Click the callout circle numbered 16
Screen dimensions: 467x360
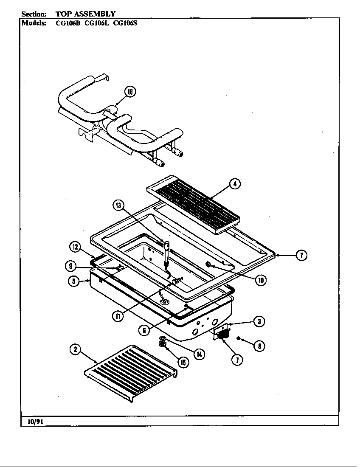[x=129, y=92]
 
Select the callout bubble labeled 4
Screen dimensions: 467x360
[x=234, y=184]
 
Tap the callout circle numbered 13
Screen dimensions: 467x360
[x=118, y=205]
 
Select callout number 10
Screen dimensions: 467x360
[x=260, y=280]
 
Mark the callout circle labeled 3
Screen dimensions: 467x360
[x=259, y=322]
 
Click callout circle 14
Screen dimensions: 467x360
[x=199, y=353]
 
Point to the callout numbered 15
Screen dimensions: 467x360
[x=183, y=362]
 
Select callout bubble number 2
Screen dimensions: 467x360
[x=75, y=349]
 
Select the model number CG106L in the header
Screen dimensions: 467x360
[x=97, y=23]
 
